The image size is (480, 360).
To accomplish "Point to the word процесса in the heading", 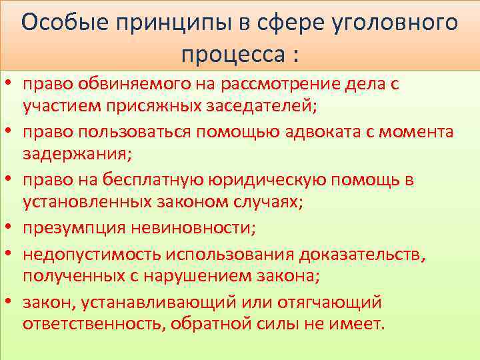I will pyautogui.click(x=231, y=51).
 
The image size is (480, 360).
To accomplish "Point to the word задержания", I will pyautogui.click(x=75, y=153).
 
